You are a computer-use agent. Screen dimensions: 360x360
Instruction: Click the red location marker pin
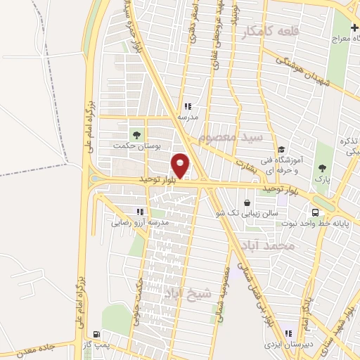coord(181,165)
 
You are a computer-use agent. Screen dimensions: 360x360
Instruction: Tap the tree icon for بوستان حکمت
coord(136,134)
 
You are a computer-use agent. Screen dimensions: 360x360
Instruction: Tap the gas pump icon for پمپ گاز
coord(96,333)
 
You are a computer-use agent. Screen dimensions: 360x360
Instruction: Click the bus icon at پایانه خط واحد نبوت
coord(316,212)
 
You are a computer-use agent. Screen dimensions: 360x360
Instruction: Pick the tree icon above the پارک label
coord(322,168)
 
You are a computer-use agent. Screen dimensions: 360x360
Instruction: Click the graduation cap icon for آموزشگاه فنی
coord(281,149)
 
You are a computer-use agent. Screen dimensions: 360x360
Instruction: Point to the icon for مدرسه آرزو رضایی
coord(141,211)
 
